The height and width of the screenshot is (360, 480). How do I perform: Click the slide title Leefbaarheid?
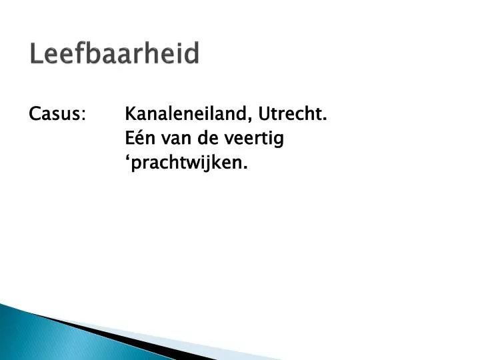[114, 54]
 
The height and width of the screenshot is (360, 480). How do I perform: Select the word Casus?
[55, 115]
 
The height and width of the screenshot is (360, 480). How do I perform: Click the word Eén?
[138, 139]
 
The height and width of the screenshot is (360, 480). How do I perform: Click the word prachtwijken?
[187, 163]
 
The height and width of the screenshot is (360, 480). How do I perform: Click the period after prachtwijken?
[245, 167]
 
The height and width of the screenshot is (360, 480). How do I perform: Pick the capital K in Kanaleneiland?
[131, 115]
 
